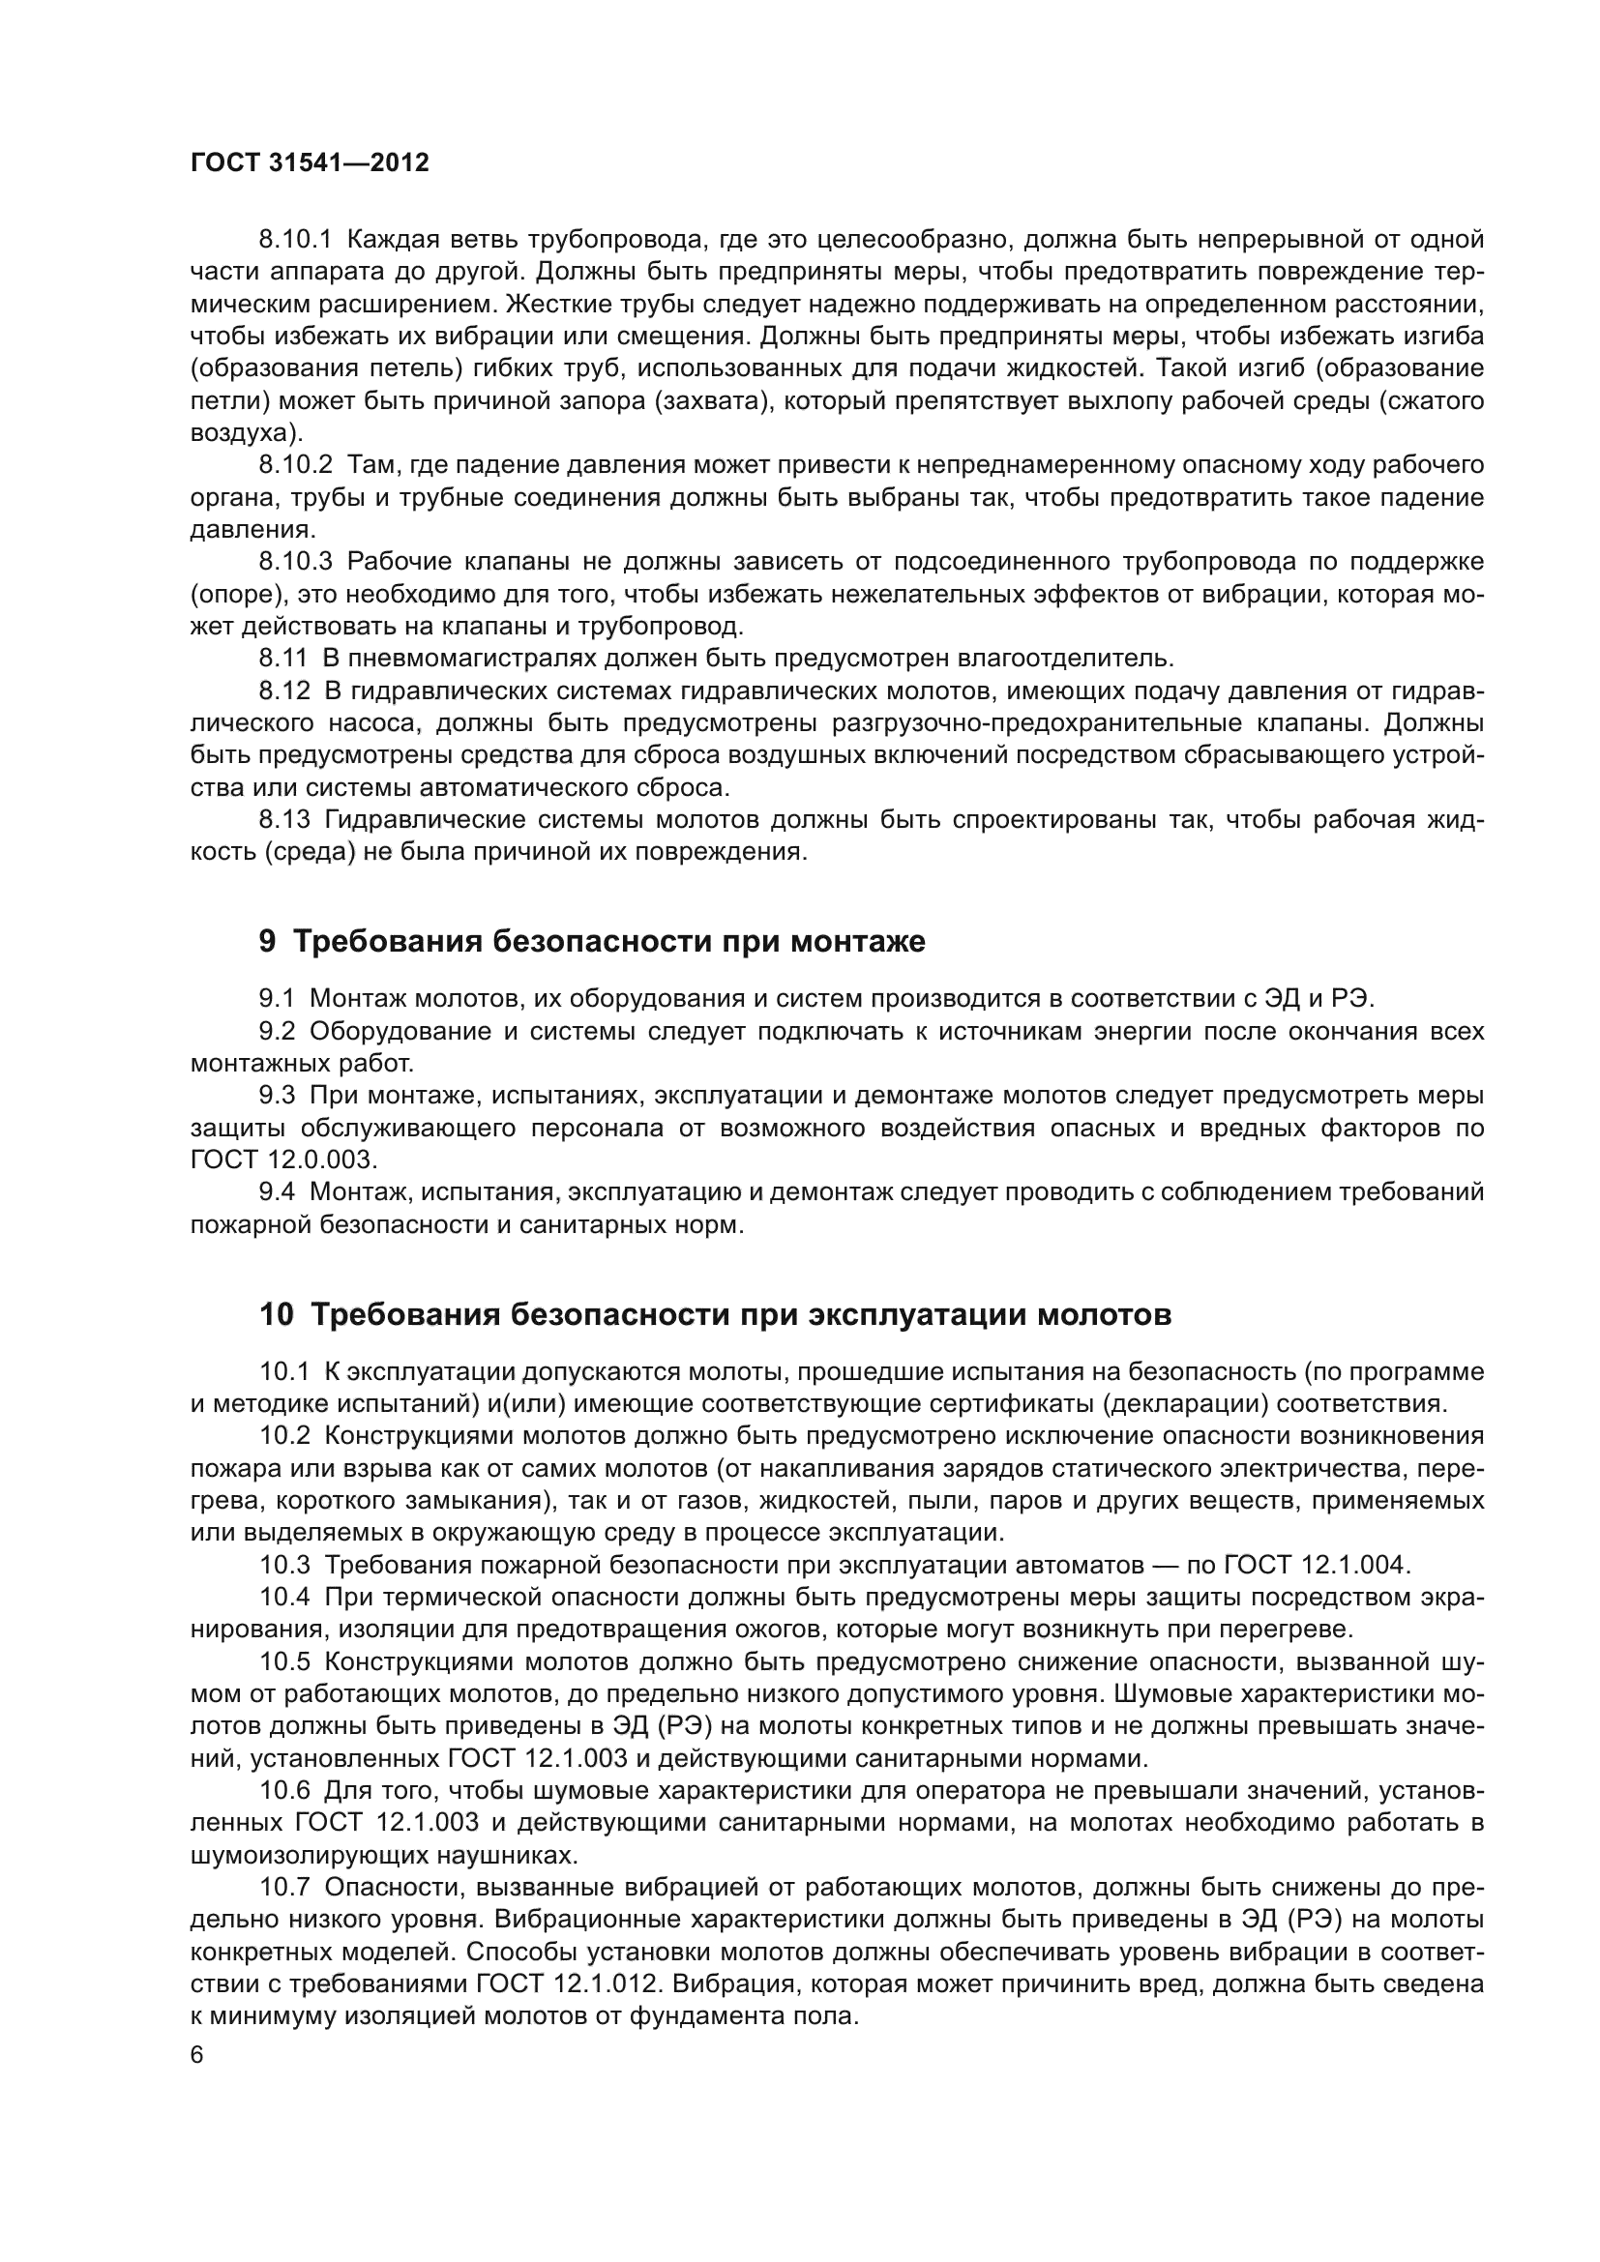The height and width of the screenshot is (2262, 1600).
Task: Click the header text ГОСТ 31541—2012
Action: tap(310, 163)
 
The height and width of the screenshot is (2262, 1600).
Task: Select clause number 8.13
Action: tap(283, 820)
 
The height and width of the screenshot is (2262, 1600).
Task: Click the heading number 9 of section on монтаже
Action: tap(267, 942)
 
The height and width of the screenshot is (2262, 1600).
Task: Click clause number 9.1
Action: tap(277, 999)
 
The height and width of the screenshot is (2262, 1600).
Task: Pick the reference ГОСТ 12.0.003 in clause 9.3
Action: tap(282, 1160)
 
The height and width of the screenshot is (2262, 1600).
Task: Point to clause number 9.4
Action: tap(277, 1192)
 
